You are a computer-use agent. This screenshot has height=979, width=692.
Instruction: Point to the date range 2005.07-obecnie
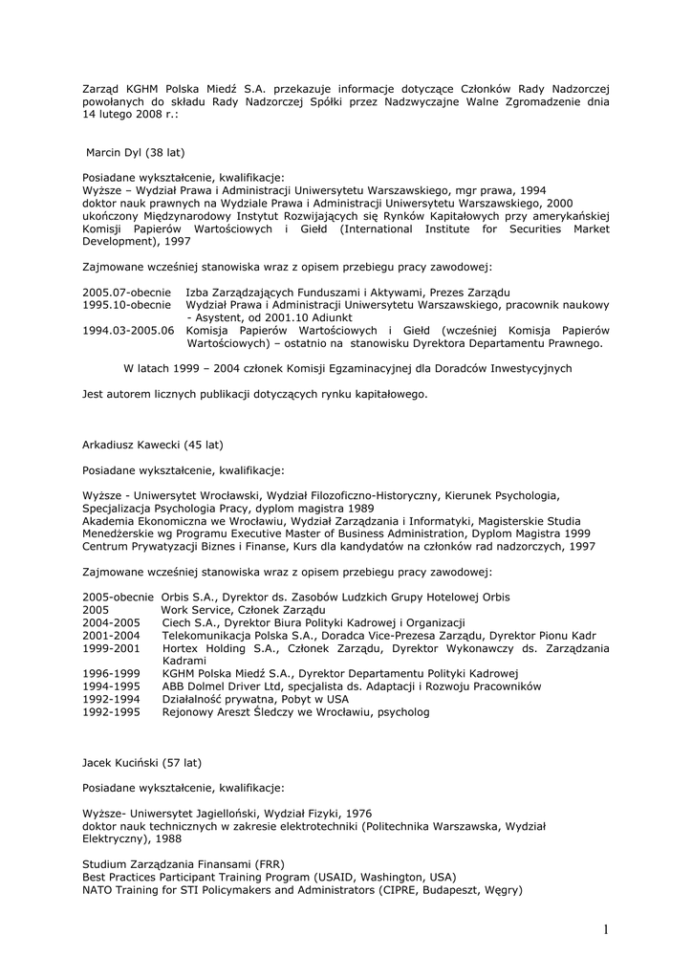[126, 292]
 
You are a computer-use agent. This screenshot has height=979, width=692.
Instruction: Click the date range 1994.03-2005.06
[128, 330]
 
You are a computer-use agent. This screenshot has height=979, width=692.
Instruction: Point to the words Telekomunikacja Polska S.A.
[241, 635]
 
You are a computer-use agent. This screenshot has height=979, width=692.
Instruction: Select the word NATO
[97, 890]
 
